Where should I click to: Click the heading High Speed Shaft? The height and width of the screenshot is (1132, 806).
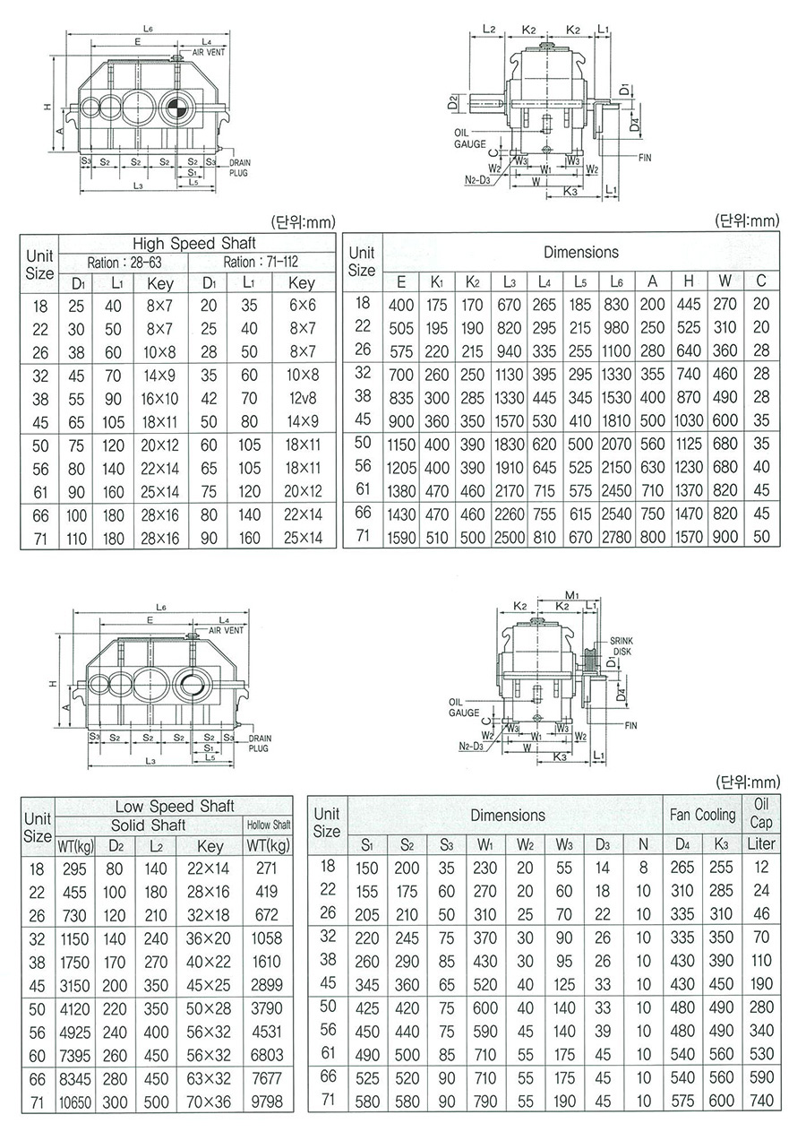pos(194,243)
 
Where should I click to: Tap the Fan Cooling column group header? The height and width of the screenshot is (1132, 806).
pos(703,815)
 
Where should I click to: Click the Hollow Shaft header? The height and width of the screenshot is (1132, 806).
pos(269,825)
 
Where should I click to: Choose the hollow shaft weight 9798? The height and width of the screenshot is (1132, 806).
pos(268,1102)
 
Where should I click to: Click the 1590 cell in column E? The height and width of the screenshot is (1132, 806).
pos(401,537)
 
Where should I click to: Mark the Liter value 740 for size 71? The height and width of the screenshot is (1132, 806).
pos(762,1101)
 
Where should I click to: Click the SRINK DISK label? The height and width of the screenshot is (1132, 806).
pos(622,646)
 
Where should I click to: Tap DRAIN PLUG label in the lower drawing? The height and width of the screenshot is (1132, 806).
pos(258,742)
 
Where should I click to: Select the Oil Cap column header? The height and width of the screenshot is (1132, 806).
pos(762,813)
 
